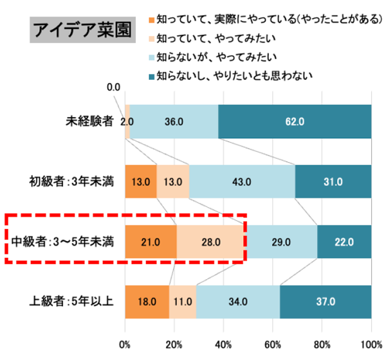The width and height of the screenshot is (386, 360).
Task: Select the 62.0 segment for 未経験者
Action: (295, 120)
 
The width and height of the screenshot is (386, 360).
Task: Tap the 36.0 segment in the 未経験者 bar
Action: (174, 120)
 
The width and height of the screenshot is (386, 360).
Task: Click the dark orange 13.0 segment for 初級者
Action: (141, 181)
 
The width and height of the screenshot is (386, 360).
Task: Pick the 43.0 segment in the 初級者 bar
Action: (242, 181)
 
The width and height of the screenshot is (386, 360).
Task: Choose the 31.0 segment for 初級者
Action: (333, 181)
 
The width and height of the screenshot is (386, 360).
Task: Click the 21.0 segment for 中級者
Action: (151, 242)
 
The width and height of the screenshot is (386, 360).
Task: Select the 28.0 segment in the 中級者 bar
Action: (211, 242)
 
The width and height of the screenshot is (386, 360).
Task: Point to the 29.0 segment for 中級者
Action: (281, 242)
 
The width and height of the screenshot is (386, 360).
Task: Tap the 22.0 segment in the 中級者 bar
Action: (344, 242)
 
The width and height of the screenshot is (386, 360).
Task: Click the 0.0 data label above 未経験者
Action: (113, 87)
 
